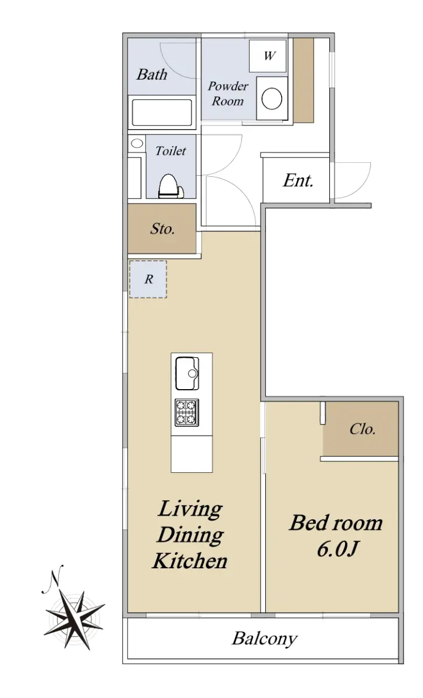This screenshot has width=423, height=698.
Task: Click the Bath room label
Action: (x=152, y=74)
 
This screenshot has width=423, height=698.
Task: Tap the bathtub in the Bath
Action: (x=162, y=112)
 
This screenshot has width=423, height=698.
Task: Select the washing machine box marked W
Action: (x=268, y=56)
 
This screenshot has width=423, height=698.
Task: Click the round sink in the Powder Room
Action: (x=272, y=98)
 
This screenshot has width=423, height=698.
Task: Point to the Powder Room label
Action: (x=228, y=94)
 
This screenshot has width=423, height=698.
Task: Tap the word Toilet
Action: (x=170, y=151)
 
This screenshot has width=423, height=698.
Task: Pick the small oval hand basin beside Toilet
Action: (x=137, y=143)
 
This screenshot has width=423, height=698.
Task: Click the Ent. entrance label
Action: (x=298, y=180)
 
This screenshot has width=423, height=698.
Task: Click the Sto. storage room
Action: (x=162, y=229)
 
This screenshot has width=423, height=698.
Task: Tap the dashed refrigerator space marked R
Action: (x=148, y=279)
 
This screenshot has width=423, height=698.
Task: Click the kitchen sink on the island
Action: (x=187, y=373)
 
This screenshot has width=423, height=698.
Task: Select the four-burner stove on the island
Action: (x=187, y=412)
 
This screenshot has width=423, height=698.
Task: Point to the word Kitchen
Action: (x=190, y=561)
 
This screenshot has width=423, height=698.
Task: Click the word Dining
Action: (x=190, y=535)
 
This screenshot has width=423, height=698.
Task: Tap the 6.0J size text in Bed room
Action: (x=337, y=549)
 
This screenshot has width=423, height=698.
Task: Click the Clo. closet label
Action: (x=362, y=429)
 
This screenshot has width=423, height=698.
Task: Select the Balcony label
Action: (x=264, y=639)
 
